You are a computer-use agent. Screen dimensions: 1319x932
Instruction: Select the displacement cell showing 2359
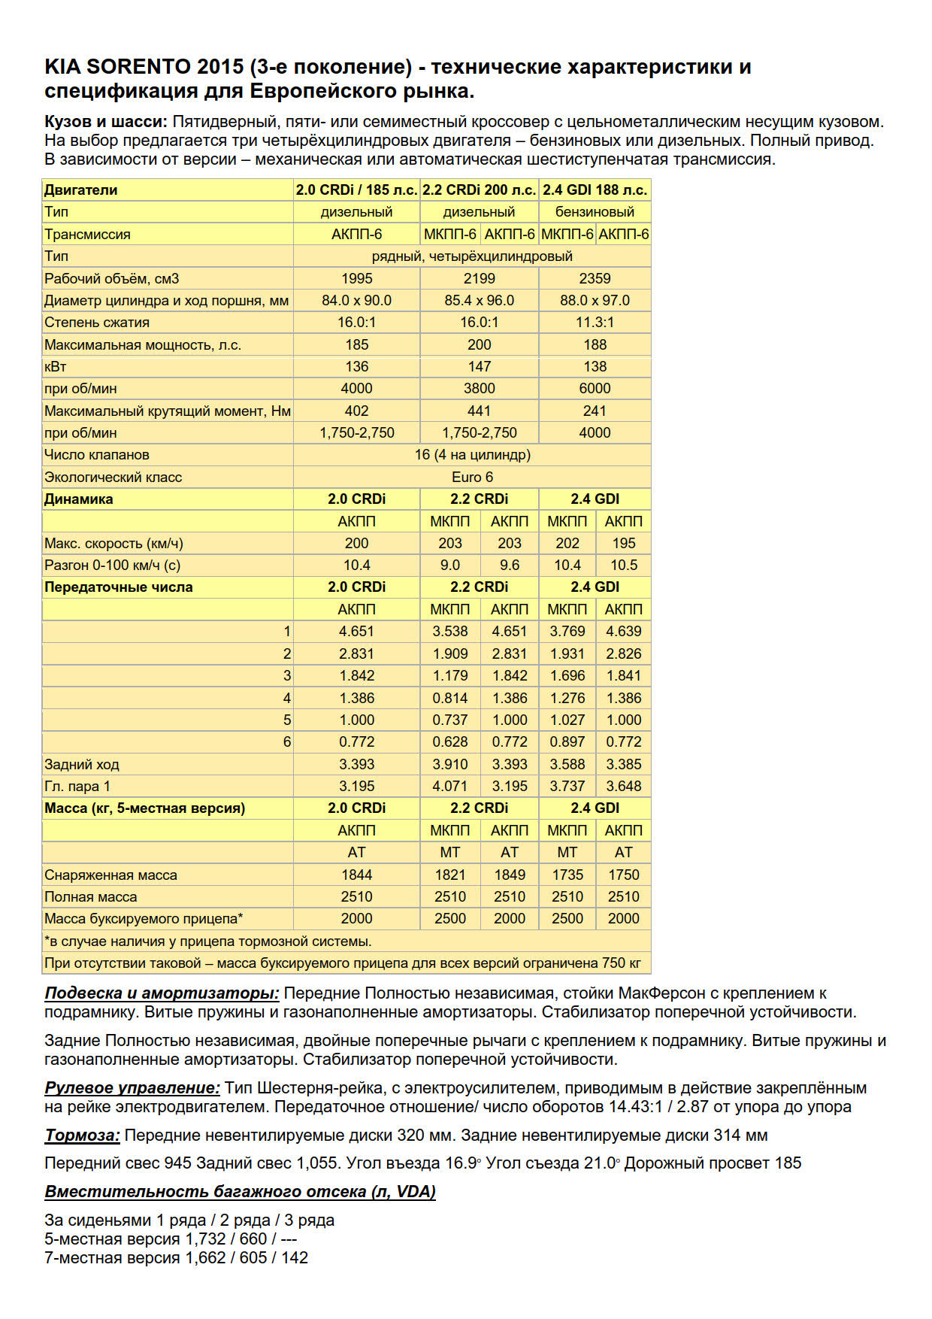click(x=595, y=278)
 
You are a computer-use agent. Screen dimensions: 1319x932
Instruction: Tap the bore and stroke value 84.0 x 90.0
click(x=356, y=300)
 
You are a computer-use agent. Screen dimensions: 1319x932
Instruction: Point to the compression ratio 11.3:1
click(x=595, y=322)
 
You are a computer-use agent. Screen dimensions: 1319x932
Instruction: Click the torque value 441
click(x=479, y=411)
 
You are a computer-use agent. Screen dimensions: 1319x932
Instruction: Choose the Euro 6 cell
click(x=472, y=477)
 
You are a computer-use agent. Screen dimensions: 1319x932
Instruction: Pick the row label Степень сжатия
click(x=97, y=322)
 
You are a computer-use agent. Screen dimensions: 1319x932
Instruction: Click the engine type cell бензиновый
click(x=595, y=212)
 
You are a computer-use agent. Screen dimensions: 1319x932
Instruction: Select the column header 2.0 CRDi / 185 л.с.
click(x=356, y=190)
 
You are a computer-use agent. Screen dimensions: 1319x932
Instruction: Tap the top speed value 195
click(x=624, y=543)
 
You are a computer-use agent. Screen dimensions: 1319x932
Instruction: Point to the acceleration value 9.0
click(x=449, y=565)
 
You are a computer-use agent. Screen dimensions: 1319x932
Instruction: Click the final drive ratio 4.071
click(x=449, y=786)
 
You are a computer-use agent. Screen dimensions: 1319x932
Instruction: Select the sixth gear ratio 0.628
click(x=449, y=741)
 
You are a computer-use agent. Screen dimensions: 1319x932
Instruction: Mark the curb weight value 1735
click(x=567, y=875)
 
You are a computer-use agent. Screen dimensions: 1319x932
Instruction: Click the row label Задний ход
click(x=82, y=764)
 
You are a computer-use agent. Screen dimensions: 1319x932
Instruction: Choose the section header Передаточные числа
click(x=119, y=587)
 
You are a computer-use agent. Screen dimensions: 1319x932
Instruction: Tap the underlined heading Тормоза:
click(x=82, y=1135)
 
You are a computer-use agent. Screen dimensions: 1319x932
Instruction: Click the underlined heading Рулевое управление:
click(x=132, y=1087)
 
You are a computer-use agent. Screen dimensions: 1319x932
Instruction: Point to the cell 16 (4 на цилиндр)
click(x=472, y=454)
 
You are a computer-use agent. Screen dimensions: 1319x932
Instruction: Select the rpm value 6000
click(x=595, y=388)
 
